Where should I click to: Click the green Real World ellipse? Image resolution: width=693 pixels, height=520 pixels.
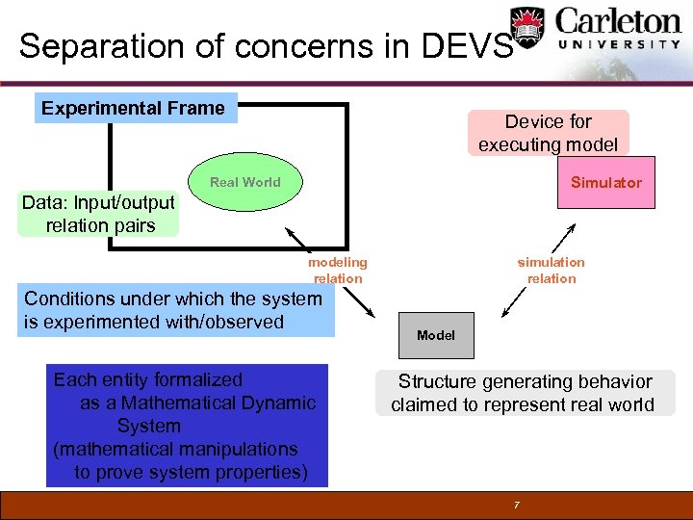pos(245,182)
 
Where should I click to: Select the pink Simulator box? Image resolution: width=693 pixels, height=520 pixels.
pos(605,182)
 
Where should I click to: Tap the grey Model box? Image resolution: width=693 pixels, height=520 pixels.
pos(436,335)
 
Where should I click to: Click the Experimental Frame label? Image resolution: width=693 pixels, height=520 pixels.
pos(134,108)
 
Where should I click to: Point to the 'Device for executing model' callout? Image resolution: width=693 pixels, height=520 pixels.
pos(548,133)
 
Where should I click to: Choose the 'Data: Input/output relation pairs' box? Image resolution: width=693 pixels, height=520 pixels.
pos(98,214)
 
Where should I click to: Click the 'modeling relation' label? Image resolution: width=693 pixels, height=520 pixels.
pos(338,270)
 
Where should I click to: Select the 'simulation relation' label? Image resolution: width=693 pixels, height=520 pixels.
pos(551,270)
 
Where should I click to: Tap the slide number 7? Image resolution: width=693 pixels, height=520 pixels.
pos(516,505)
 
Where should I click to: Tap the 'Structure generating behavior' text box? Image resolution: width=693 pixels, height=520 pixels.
pos(525,393)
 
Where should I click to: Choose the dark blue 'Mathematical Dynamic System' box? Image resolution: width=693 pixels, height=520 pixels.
pos(186,425)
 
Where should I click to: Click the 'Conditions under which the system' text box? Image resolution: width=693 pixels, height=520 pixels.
pos(173,310)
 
